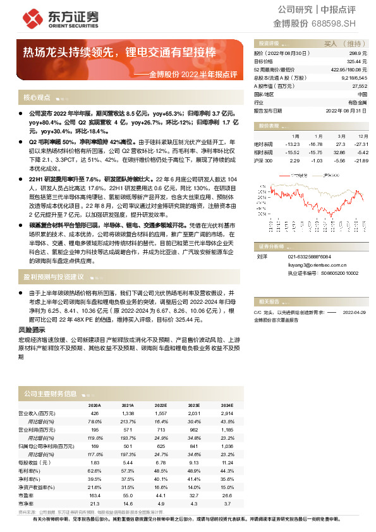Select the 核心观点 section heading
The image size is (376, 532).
coord(37,98)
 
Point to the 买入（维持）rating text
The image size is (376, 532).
coord(342,44)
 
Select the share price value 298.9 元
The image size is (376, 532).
coord(358,55)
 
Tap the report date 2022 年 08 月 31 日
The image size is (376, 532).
coord(346,111)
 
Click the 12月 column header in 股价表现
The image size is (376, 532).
coord(363,136)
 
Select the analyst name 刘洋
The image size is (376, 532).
coord(262,257)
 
